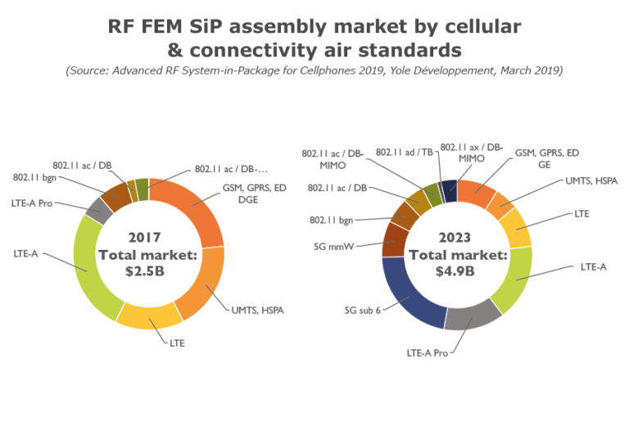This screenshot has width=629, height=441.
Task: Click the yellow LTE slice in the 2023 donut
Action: point(516,228)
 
